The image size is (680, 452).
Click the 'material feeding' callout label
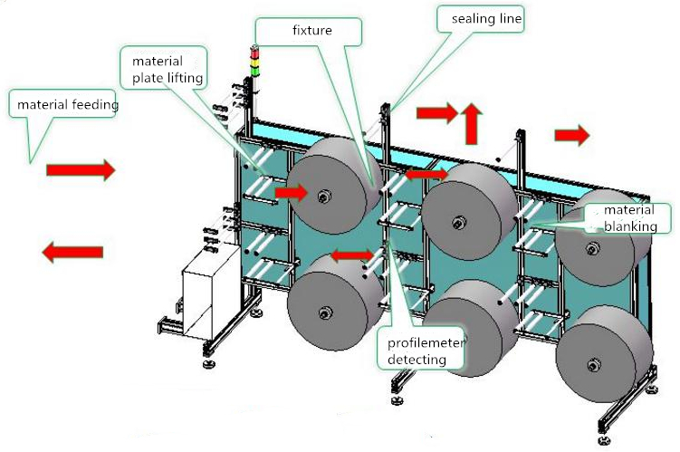67,105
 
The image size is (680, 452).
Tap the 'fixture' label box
310,30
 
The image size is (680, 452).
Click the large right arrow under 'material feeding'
81,169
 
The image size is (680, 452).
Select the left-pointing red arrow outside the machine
72,253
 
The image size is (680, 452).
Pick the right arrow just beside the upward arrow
437,113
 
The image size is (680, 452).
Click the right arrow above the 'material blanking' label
571,135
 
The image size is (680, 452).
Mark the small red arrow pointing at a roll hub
292,192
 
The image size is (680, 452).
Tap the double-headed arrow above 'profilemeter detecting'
352,256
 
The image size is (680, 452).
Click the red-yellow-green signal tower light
254,58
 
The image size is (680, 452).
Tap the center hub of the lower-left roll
322,313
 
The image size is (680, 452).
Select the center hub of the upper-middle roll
460,221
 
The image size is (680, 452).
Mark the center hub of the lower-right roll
594,365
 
